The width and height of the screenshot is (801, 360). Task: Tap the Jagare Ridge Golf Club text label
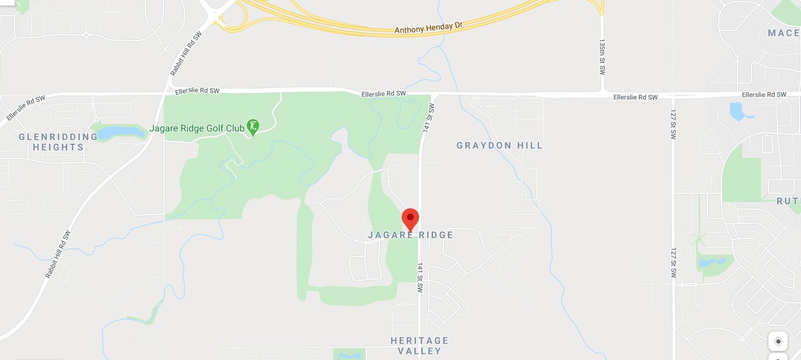click(x=197, y=128)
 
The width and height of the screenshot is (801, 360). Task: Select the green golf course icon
click(x=253, y=127)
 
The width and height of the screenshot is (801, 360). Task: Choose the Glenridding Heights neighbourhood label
click(x=58, y=142)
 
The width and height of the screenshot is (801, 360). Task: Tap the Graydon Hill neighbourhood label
click(x=499, y=145)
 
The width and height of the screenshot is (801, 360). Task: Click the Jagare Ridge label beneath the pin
click(x=410, y=235)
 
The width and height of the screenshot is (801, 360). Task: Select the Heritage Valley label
click(x=419, y=346)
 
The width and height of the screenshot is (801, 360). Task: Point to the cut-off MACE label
click(x=783, y=33)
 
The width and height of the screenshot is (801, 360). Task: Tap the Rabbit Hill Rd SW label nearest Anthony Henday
click(x=186, y=53)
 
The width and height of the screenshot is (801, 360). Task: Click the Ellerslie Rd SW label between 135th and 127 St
click(x=635, y=97)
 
